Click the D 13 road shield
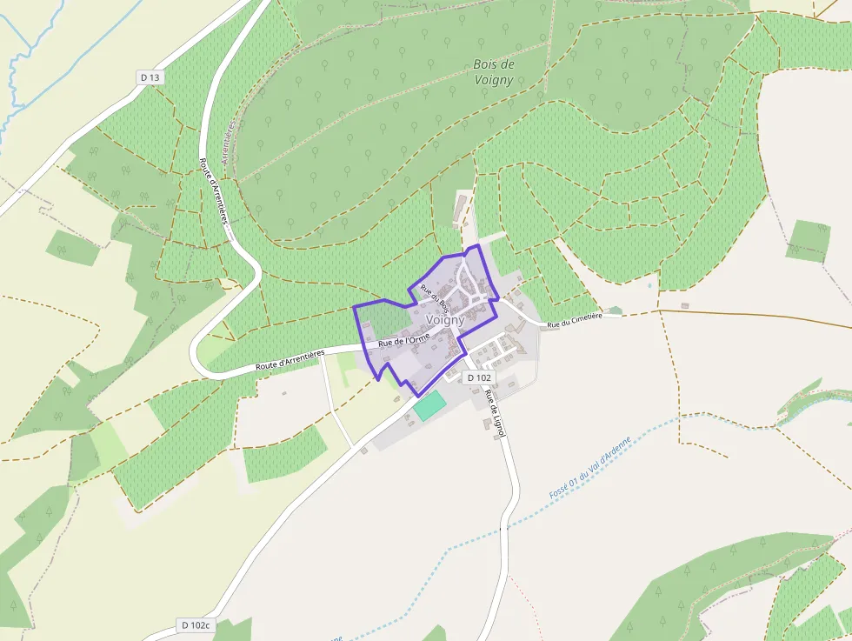150,77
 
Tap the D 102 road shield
479,377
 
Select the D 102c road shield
195,625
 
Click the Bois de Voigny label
494,72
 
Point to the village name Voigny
446,320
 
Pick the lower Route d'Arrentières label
290,360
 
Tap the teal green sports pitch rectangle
428,406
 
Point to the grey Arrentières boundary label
230,144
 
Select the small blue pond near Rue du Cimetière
649,284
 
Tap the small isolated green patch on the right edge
809,240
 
